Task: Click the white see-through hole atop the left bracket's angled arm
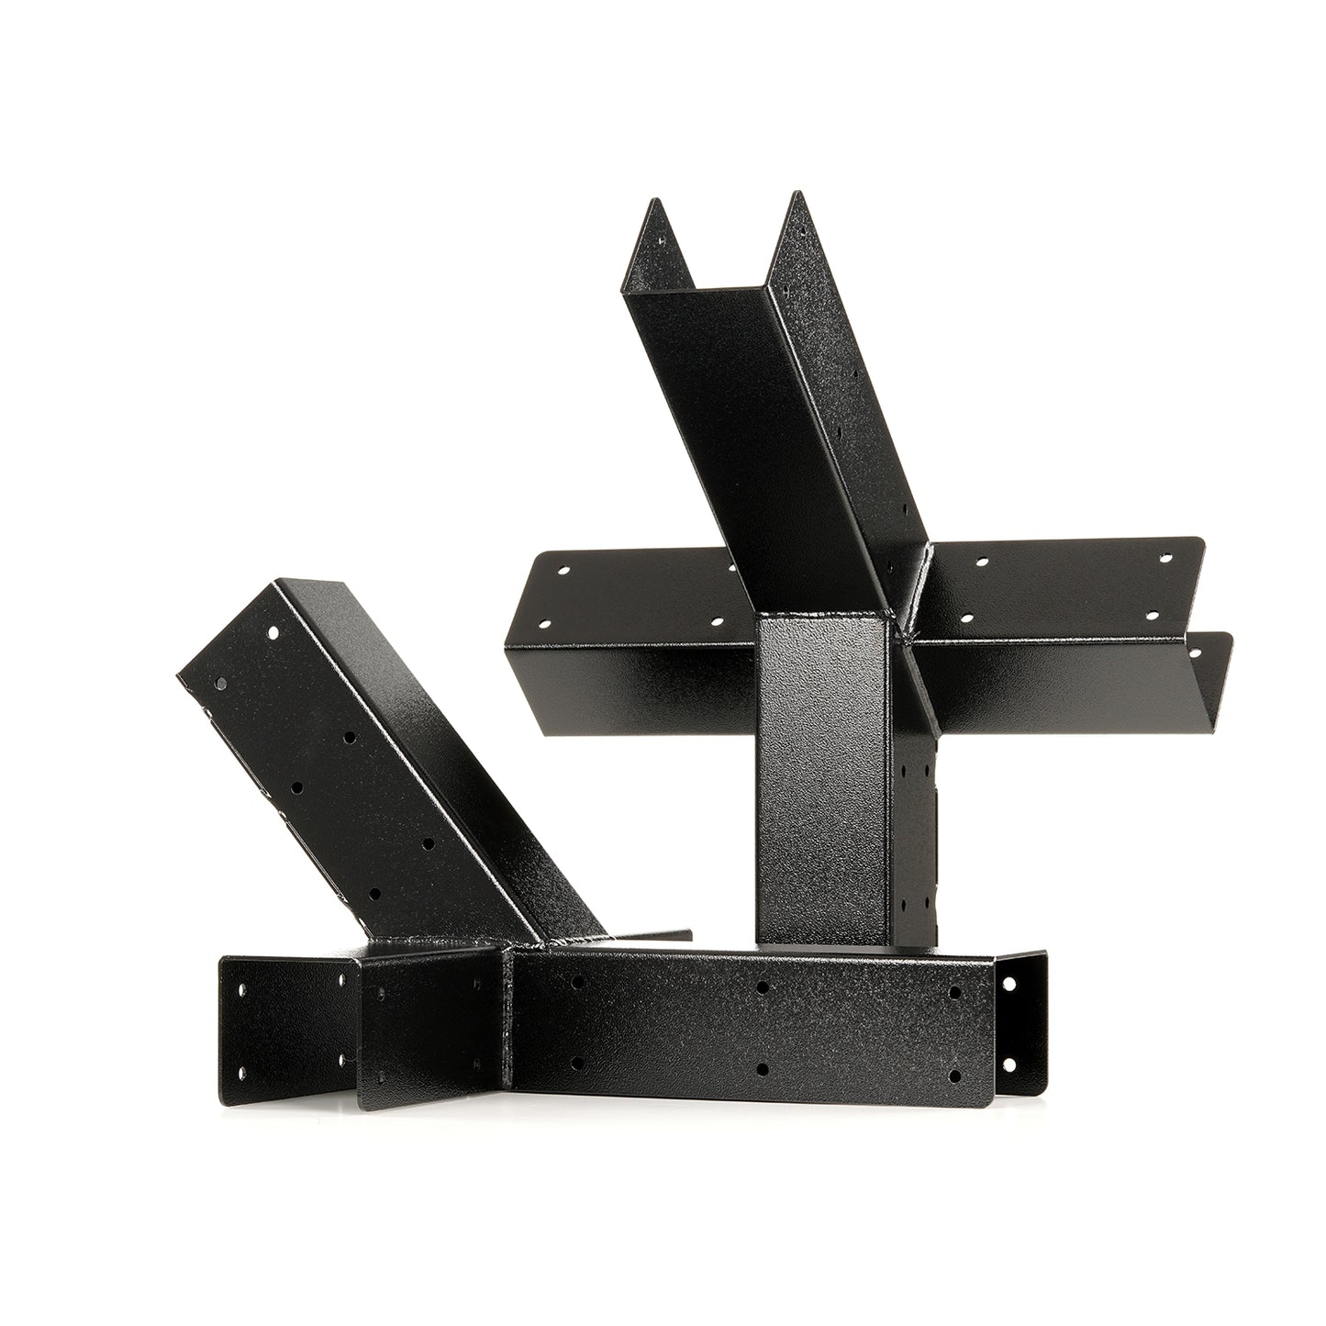(273, 632)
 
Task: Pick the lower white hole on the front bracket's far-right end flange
(1012, 1065)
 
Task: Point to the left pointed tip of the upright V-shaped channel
(653, 200)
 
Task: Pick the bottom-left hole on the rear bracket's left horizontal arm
(543, 626)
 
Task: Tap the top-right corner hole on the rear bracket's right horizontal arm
(1167, 557)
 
